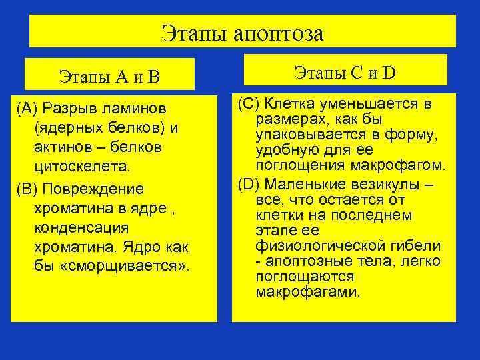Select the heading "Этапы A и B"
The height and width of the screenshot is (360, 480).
109,75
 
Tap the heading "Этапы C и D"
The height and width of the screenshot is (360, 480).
345,71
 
